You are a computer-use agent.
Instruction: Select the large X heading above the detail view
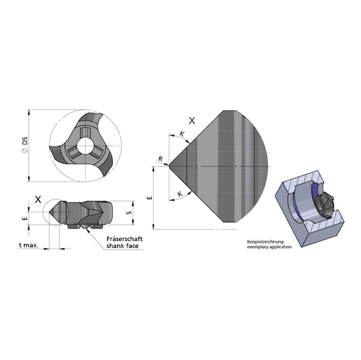(x=192, y=120)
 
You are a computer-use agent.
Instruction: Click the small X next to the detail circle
(x=38, y=200)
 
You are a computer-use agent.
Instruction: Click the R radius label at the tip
(x=160, y=160)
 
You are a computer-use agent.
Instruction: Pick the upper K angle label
(x=181, y=134)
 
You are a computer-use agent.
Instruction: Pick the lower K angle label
(x=180, y=194)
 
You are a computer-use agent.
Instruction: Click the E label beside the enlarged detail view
(x=148, y=198)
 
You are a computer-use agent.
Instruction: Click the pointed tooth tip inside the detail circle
(x=46, y=213)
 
